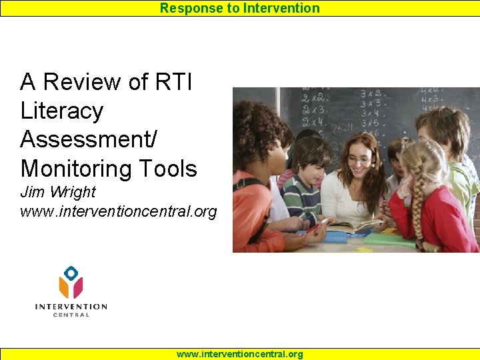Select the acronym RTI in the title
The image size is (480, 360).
pos(173,82)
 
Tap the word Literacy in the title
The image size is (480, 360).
pos(62,111)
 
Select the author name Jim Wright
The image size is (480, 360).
pos(58,192)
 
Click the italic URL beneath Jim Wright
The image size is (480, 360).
pos(119,212)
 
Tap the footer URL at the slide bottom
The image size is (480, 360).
pos(240,354)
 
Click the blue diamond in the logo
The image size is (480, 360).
pos(71,272)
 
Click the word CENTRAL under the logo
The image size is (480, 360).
pos(71,315)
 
